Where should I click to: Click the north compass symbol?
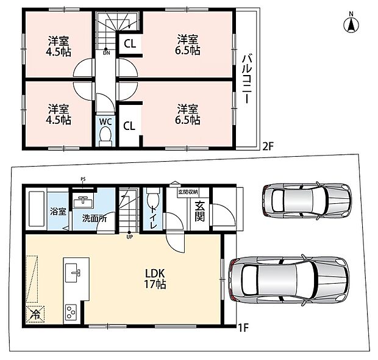click(x=351, y=23)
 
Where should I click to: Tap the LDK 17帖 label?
click(x=155, y=279)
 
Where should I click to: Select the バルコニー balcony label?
click(x=247, y=79)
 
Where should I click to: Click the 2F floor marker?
click(x=268, y=146)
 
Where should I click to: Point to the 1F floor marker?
click(x=243, y=328)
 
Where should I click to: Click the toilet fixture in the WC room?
click(x=105, y=136)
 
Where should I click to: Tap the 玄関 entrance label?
click(x=199, y=211)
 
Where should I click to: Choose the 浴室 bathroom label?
click(x=58, y=211)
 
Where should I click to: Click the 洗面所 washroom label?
click(x=94, y=218)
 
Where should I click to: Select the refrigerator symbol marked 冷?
click(x=35, y=314)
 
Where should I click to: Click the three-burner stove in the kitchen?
click(x=71, y=312)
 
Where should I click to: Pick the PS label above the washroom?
click(x=83, y=179)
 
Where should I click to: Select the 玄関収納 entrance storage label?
click(x=188, y=192)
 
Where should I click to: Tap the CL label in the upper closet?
click(x=130, y=44)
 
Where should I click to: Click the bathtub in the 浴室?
click(x=36, y=209)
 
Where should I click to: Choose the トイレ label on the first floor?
click(x=153, y=217)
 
